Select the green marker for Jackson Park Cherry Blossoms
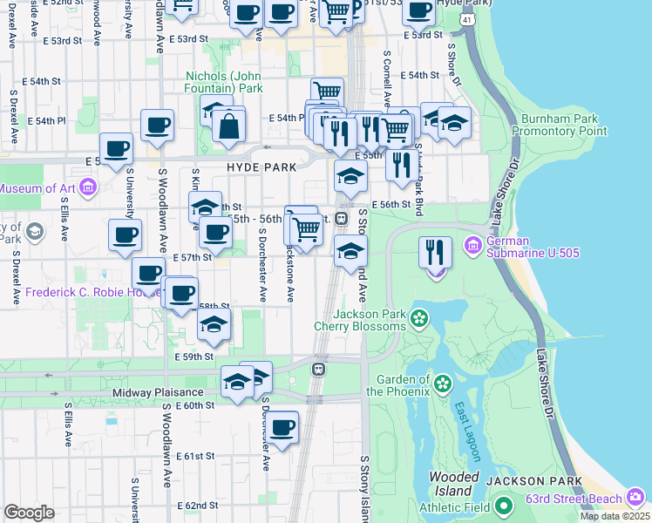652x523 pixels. [x=420, y=318]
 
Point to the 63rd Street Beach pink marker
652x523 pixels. [x=636, y=499]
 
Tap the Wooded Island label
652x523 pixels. [x=453, y=484]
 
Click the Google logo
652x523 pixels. [x=29, y=513]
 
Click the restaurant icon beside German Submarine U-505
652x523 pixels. [x=435, y=253]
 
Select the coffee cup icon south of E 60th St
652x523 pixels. [x=282, y=428]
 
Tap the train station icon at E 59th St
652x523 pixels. [x=320, y=370]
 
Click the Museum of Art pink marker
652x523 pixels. [x=88, y=187]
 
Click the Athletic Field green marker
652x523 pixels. [x=503, y=506]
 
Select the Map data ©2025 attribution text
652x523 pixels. [x=615, y=516]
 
